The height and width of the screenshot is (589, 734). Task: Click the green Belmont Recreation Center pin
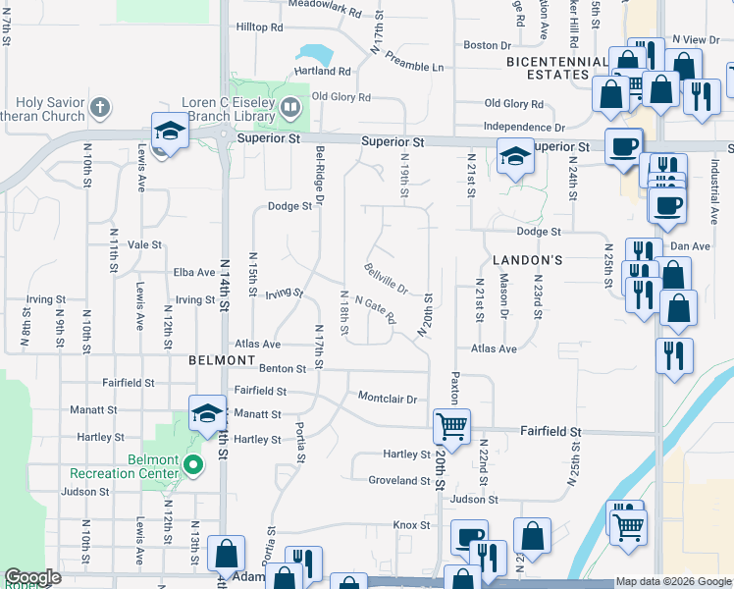193,464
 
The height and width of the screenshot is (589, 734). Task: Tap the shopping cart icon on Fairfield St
451,426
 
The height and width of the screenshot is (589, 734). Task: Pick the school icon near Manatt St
206,415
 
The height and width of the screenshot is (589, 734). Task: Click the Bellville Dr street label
386,279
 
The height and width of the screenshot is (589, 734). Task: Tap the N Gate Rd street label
375,311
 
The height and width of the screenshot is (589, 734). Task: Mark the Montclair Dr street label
388,400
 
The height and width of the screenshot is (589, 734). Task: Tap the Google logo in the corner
32,577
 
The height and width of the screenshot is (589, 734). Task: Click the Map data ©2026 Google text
673,582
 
